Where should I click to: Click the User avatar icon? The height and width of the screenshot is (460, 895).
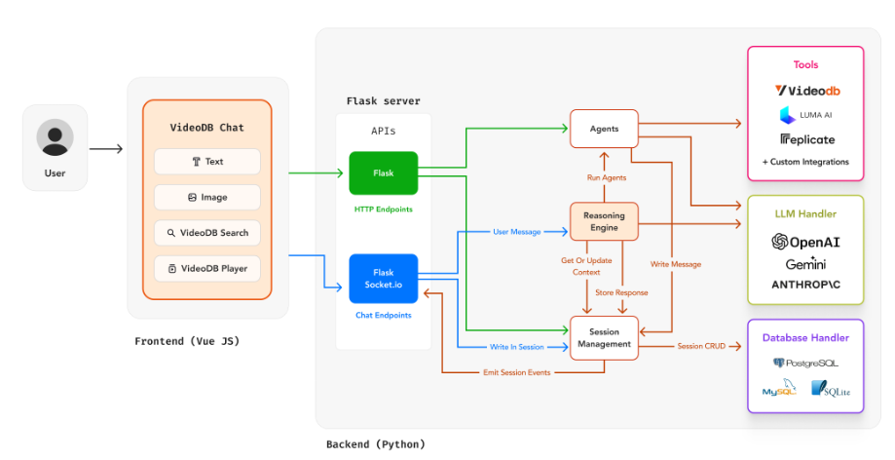point(55,137)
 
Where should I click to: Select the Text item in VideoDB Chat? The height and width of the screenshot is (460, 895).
point(207,162)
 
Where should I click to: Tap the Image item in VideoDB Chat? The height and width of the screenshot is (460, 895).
point(207,197)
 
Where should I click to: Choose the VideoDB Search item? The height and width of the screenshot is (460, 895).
point(207,233)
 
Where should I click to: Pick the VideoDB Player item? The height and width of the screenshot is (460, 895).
point(207,268)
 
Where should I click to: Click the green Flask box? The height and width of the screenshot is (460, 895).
point(383,173)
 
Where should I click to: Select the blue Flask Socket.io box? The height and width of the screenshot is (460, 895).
point(383,278)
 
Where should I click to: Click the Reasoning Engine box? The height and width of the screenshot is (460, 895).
point(604,221)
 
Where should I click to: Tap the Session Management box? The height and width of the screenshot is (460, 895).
point(604,337)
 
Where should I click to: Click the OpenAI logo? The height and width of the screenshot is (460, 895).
point(805,241)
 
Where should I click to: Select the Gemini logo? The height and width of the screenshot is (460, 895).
point(805,264)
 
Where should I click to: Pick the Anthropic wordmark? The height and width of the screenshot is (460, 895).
point(805,285)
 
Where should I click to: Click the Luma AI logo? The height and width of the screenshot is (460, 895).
point(804,115)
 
